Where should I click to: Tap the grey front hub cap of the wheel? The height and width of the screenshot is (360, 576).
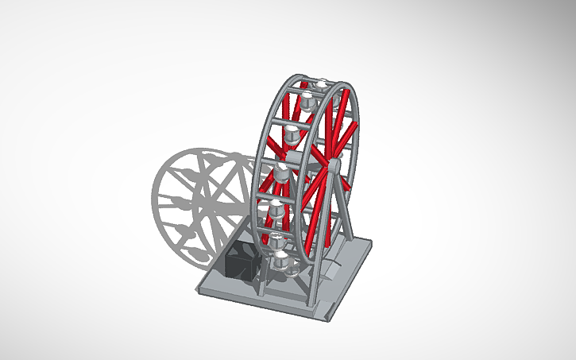click(334, 165)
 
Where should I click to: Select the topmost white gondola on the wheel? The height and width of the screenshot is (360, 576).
click(322, 86)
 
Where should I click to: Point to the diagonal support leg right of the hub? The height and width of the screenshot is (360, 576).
click(344, 207)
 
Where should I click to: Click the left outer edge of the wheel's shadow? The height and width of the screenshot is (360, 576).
click(154, 195)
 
